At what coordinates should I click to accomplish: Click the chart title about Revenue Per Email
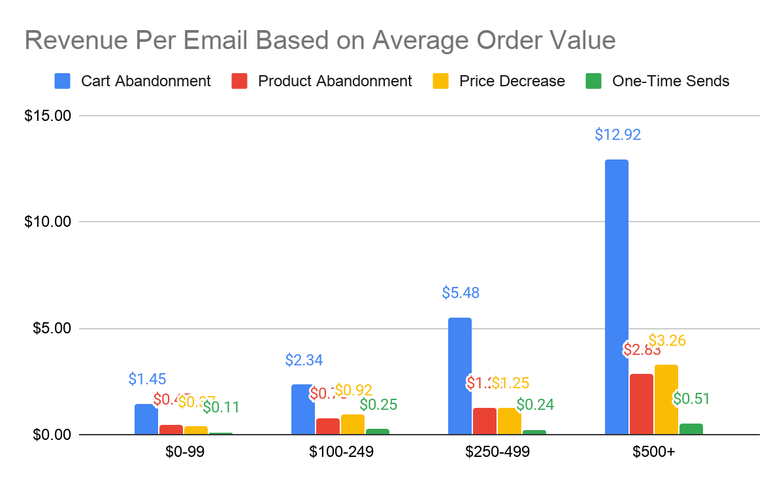tap(320, 41)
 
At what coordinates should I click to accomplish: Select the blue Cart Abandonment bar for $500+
tap(616, 297)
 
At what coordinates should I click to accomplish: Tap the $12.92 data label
tap(617, 135)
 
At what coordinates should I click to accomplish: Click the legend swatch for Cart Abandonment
tap(63, 81)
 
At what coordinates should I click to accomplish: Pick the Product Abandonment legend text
tap(335, 81)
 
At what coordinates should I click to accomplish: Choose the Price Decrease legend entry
tap(512, 81)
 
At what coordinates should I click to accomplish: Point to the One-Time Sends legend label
tap(670, 81)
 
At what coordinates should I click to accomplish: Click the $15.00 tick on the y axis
tap(46, 116)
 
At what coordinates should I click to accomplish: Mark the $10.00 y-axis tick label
tap(46, 222)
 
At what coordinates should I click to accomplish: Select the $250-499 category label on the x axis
tap(497, 452)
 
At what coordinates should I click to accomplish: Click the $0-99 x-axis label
tap(184, 452)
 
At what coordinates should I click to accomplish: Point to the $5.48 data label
tap(461, 293)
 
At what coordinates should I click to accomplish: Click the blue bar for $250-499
tap(459, 376)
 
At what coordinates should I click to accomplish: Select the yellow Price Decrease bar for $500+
tap(666, 399)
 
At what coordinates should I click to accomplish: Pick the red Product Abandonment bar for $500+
tap(641, 404)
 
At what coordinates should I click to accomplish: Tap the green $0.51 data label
tap(691, 399)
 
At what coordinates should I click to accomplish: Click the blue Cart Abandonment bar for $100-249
tap(302, 409)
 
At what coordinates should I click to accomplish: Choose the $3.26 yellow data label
tap(666, 341)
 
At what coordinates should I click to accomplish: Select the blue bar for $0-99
tap(146, 419)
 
